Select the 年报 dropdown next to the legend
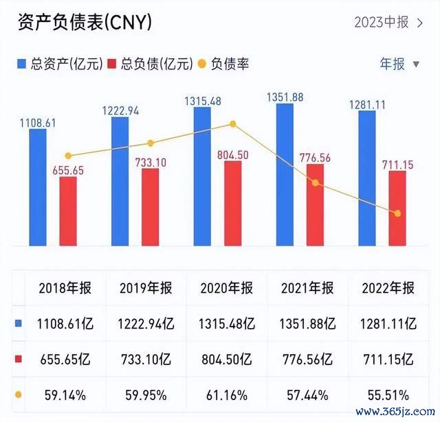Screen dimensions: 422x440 [399, 65]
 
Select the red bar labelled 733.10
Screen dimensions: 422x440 [150, 207]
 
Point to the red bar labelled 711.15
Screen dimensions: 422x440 [397, 208]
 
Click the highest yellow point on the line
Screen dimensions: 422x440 [233, 124]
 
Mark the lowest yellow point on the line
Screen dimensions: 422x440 [397, 213]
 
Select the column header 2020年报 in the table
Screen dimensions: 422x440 [227, 288]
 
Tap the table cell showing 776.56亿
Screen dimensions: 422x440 [307, 359]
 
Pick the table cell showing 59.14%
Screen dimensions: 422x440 [65, 395]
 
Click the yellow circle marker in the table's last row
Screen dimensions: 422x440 [18, 395]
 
